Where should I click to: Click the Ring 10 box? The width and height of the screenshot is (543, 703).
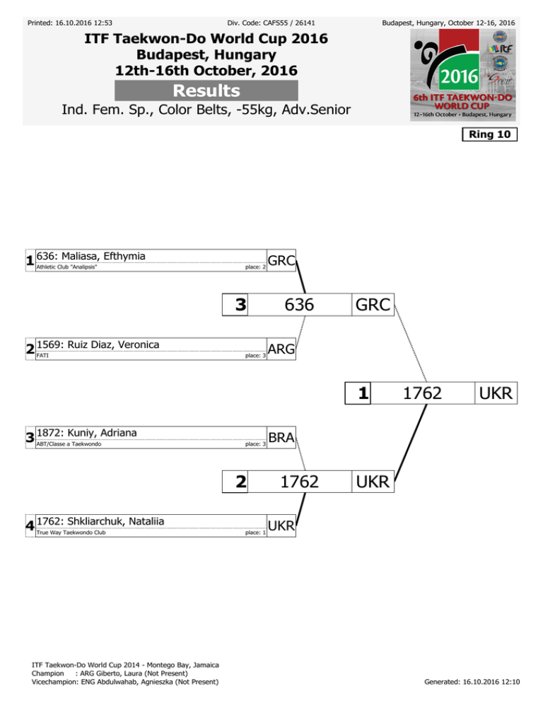tap(489, 134)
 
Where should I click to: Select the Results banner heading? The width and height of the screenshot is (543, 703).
tap(206, 91)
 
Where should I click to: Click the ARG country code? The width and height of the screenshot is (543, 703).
tap(281, 349)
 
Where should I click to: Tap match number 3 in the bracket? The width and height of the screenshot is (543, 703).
tap(240, 305)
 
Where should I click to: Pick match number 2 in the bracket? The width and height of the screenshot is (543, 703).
tap(240, 482)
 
